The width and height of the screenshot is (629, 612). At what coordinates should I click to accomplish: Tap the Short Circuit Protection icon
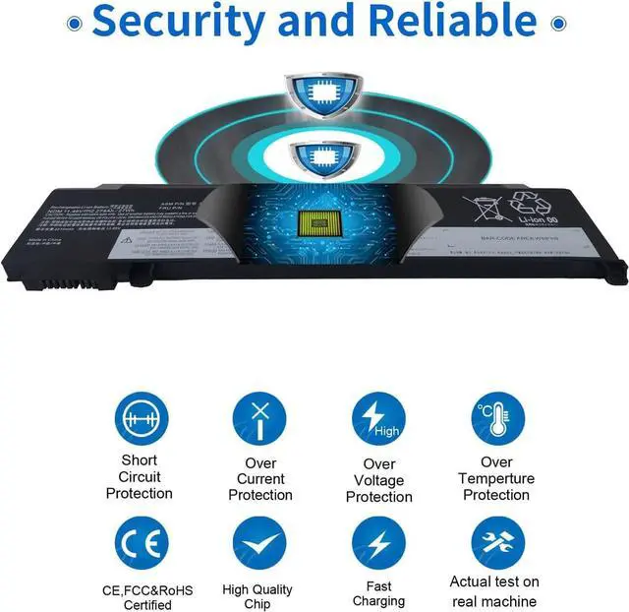140,418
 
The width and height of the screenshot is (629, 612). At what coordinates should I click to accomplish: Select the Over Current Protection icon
259,418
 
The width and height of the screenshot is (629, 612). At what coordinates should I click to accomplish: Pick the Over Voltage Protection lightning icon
378,418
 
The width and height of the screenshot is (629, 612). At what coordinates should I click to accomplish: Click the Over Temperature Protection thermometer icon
497,418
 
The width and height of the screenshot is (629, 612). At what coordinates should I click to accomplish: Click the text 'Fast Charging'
378,593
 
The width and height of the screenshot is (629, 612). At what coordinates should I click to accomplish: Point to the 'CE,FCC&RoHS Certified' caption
147,597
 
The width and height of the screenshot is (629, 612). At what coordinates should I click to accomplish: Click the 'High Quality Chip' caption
257,597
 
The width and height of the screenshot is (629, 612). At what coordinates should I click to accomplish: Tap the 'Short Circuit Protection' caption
140,477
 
